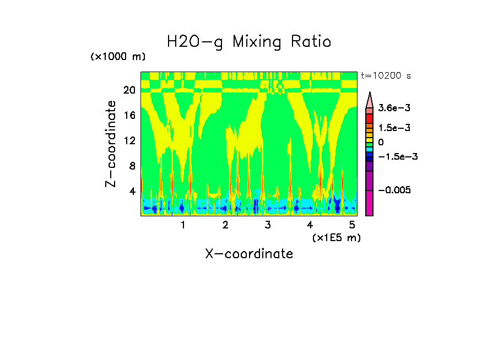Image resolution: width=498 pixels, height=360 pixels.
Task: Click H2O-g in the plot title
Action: (195, 42)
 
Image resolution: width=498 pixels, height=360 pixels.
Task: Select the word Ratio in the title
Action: (311, 41)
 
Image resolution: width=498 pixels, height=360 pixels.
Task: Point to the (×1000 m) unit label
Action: (118, 57)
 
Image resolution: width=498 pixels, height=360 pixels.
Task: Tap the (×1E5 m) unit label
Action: (336, 237)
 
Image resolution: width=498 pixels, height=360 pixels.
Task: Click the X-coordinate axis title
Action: (249, 254)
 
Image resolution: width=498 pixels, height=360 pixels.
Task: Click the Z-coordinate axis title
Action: (111, 144)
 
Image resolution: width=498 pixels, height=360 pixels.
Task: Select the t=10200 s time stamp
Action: (386, 75)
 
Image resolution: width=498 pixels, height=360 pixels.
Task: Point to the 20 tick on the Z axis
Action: (129, 90)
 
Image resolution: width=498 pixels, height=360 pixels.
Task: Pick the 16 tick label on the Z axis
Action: (129, 116)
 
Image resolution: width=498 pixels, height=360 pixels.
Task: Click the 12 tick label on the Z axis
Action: (129, 140)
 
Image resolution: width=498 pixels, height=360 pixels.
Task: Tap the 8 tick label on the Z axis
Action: (132, 166)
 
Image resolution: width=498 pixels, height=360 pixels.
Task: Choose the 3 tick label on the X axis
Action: (268, 225)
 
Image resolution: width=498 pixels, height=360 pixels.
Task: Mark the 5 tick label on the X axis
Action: (352, 225)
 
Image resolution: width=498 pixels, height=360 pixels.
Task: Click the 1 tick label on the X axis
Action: (183, 225)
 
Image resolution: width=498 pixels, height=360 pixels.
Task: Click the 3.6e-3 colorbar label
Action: (391, 108)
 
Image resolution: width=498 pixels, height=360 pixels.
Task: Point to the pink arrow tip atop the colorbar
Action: (370, 99)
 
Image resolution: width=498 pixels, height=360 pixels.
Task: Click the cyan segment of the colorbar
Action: (370, 149)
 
